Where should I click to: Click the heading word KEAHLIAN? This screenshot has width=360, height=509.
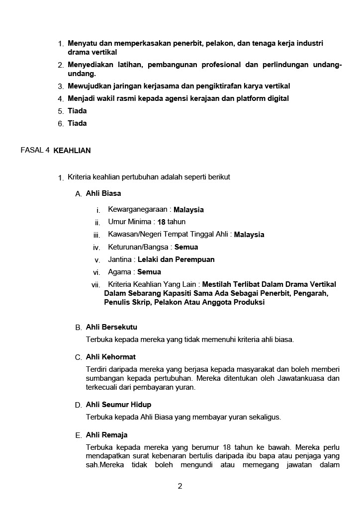(72, 150)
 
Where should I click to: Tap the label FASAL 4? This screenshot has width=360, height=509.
(35, 150)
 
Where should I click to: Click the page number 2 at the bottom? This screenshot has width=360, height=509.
(180, 486)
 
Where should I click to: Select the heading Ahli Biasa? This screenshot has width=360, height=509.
(103, 193)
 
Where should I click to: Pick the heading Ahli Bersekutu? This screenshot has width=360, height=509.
(111, 327)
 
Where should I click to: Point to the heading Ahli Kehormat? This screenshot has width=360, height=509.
(110, 357)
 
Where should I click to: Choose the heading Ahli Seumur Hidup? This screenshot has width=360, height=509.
(118, 405)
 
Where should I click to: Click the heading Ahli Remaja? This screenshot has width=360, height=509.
(106, 435)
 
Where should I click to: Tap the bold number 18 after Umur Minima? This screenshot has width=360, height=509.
(161, 222)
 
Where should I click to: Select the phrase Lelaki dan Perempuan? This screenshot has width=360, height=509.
(176, 259)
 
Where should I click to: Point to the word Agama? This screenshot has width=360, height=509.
(119, 272)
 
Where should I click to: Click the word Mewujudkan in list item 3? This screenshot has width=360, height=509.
(89, 86)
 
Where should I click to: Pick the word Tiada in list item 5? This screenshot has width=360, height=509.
(77, 111)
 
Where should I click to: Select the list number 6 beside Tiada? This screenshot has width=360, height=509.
(60, 124)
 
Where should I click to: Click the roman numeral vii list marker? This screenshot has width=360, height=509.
(96, 285)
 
